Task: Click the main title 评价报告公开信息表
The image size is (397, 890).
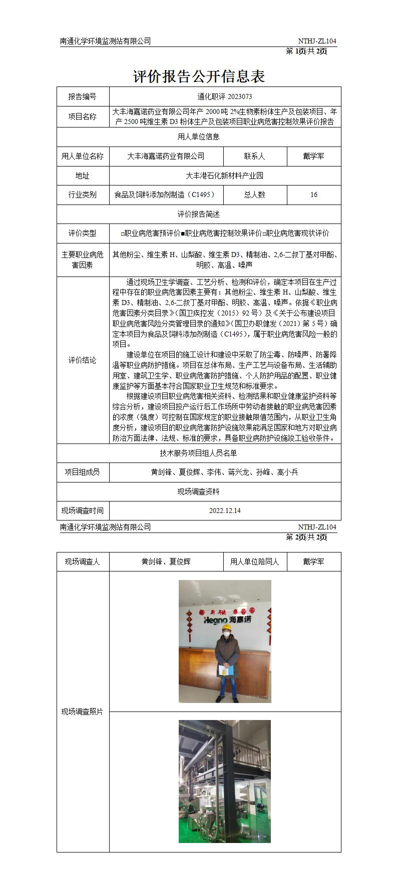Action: pos(198,76)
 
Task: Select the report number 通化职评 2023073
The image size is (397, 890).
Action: pos(225,96)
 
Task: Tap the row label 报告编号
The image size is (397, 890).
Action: pos(83,96)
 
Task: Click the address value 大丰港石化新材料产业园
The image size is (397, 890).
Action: pos(225,175)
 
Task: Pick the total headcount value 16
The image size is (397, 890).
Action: pos(314,194)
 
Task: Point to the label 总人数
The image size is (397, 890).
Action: pos(255,194)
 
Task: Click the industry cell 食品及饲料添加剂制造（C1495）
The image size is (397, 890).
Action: pos(166,194)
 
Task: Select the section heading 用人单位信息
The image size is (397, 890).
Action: pos(198,136)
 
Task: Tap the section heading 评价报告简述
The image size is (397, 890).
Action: pos(198,214)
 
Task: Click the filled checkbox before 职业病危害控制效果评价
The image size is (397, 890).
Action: pos(183,233)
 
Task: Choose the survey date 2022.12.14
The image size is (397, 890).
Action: pos(225,510)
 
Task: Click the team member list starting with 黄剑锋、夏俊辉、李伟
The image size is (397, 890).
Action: pos(225,471)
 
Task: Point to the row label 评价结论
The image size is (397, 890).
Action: pos(83,360)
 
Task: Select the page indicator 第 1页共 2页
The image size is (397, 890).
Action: pos(306,51)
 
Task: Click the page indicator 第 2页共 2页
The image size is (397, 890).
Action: pos(306,537)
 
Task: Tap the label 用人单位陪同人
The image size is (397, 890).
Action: pos(255,561)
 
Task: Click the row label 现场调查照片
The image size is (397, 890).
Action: pos(83,711)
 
